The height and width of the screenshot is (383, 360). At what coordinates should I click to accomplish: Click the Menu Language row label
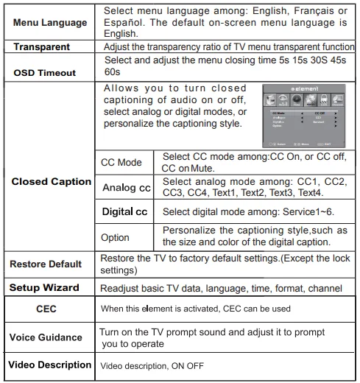coord(50,23)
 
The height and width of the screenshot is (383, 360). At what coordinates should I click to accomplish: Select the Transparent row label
coord(46,46)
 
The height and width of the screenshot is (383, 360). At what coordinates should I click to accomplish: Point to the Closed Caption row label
coord(51,181)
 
